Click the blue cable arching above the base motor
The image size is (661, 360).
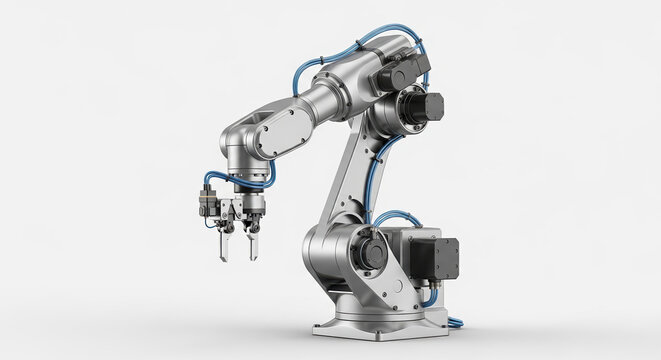click(400, 215)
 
